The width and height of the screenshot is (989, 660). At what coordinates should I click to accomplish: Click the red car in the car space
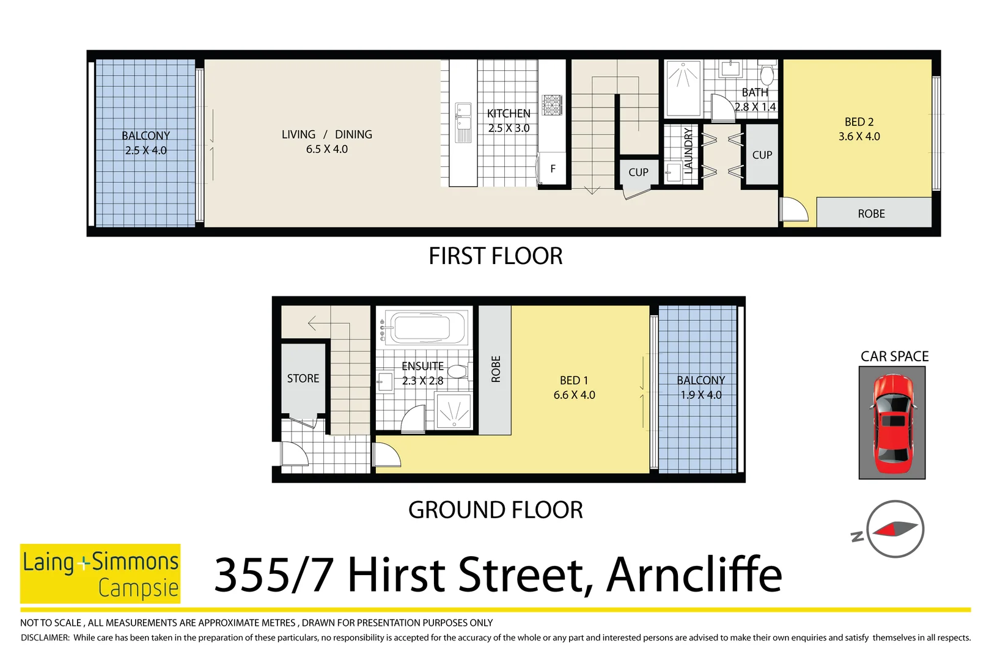892,423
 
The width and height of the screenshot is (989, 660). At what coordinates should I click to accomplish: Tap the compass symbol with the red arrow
895,529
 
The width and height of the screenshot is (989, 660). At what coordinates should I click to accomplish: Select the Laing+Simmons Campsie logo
100,574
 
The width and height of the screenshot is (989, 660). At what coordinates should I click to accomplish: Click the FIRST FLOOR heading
495,256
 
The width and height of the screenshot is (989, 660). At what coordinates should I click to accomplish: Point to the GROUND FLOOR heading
495,510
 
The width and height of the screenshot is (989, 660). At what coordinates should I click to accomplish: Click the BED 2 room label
859,122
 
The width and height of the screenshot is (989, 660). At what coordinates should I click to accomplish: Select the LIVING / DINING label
326,134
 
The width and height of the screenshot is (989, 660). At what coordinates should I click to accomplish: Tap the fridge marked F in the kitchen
553,169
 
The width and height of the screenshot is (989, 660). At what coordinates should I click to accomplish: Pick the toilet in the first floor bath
767,75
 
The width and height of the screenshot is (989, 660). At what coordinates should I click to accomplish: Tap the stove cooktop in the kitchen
551,105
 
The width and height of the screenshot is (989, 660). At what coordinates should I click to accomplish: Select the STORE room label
303,378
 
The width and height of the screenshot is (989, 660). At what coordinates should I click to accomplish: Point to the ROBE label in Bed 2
871,214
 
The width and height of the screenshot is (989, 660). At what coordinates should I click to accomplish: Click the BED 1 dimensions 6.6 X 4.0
574,395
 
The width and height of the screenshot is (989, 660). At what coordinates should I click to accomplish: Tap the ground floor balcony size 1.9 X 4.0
700,395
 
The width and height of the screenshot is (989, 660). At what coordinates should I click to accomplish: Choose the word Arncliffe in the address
694,576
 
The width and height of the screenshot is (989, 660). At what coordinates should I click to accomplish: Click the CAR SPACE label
894,356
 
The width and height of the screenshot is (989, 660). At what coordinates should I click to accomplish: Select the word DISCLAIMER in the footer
45,638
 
